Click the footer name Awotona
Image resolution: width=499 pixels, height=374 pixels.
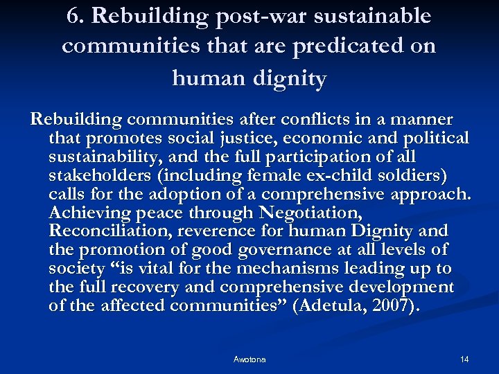click(x=249, y=359)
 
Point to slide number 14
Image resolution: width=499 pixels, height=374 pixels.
click(x=464, y=359)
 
